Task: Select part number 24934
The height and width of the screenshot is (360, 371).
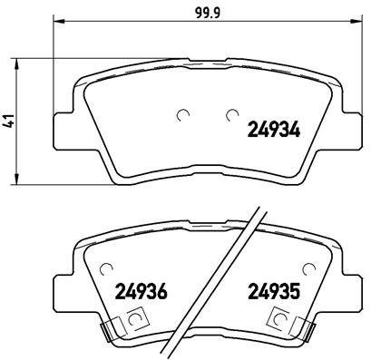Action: click(x=275, y=131)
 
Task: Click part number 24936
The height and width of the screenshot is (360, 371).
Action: click(x=142, y=294)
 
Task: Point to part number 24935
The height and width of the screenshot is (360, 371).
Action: click(x=276, y=294)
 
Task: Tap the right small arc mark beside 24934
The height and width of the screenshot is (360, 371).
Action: click(x=231, y=114)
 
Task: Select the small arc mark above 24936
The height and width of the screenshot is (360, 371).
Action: click(x=108, y=268)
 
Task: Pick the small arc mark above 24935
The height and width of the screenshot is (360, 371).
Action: click(x=311, y=268)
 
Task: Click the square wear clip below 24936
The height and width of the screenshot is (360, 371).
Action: click(x=136, y=318)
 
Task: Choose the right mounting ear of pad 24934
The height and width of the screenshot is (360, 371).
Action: click(x=351, y=130)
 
